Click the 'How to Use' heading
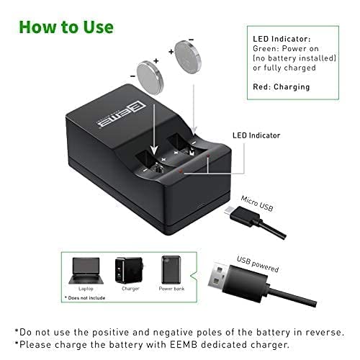66,27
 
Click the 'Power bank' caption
171,289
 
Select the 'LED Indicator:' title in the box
282,38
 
